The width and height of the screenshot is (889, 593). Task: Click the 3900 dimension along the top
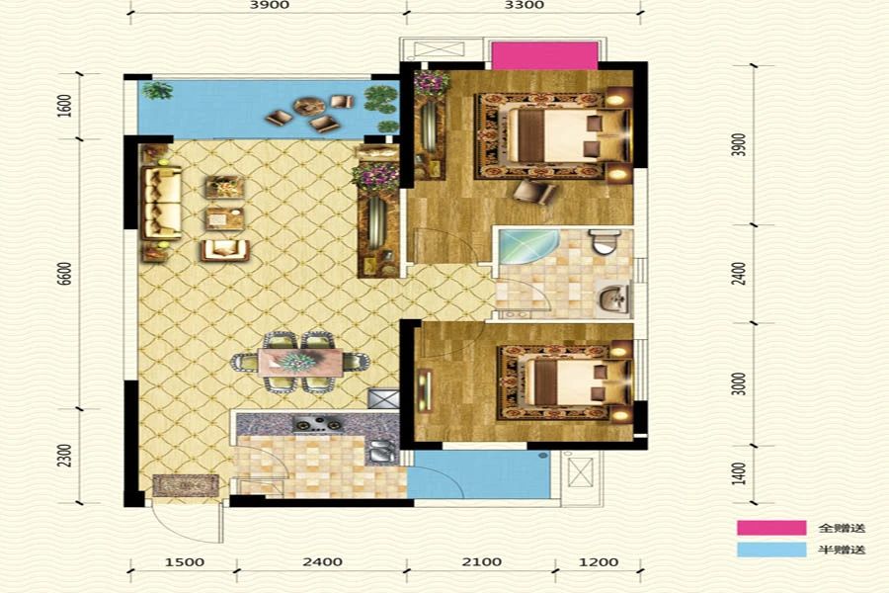tap(270, 5)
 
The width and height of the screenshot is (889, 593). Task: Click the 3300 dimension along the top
tap(525, 5)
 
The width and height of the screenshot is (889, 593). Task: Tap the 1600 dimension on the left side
tap(66, 106)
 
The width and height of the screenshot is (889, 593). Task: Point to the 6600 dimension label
tap(66, 273)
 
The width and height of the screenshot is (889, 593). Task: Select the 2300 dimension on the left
tap(66, 456)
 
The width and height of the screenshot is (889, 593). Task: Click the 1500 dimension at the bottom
tap(185, 561)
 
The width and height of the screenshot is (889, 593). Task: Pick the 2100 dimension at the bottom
tap(481, 561)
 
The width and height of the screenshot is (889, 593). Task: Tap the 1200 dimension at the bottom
tap(599, 561)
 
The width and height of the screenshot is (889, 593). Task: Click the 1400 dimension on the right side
tap(738, 473)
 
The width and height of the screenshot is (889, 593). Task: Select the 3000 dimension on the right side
tap(738, 383)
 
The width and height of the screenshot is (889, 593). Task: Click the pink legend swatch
tap(771, 528)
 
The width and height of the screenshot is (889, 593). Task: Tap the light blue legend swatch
tap(771, 550)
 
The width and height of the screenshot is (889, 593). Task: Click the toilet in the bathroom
tap(603, 243)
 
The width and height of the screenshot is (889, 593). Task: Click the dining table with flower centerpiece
tap(300, 362)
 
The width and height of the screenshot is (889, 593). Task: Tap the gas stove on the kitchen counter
tap(317, 424)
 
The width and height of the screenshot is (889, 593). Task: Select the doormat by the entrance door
tap(186, 485)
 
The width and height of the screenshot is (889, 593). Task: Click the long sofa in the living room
tap(162, 203)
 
